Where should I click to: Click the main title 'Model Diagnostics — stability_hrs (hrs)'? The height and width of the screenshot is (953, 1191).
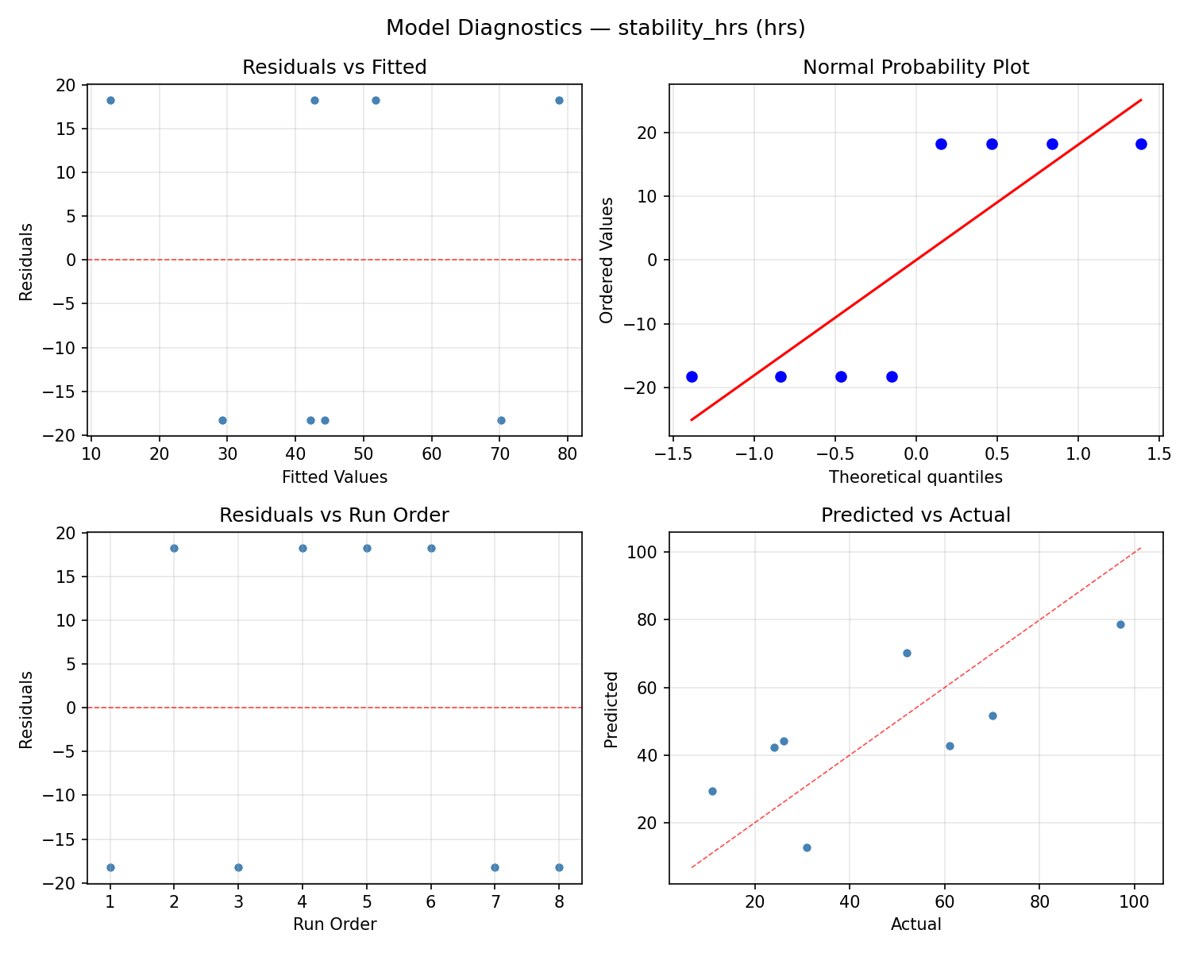coord(595,29)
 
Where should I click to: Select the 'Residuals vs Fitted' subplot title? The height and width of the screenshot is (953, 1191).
coord(334,68)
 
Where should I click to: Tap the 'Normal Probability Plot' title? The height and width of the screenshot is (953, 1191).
coord(915,68)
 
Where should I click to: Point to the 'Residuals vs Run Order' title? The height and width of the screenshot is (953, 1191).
coord(334,515)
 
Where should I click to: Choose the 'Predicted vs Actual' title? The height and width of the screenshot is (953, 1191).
coord(915,515)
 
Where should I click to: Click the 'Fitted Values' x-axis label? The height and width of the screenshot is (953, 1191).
coord(334,477)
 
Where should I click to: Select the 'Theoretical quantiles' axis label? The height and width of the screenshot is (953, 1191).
coord(915,477)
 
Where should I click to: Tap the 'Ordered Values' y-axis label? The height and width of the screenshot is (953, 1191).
coord(607,260)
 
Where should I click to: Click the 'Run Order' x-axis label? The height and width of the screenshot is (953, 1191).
coord(334,924)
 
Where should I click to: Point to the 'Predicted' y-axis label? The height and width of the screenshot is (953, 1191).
coord(611,708)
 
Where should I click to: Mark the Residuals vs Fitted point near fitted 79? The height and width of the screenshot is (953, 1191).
coord(559,100)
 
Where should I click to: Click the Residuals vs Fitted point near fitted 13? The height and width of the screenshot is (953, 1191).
coord(110,100)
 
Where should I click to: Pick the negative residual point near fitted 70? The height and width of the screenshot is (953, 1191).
coord(501,420)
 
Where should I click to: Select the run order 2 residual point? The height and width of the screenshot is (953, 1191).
coord(174,548)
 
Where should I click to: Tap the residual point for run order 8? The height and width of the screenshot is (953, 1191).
coord(559,867)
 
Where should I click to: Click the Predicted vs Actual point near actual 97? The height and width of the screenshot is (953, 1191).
coord(1120,624)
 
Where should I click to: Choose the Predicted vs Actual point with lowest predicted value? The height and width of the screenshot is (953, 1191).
coord(807,847)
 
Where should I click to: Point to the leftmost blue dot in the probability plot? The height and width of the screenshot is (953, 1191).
coord(692,376)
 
